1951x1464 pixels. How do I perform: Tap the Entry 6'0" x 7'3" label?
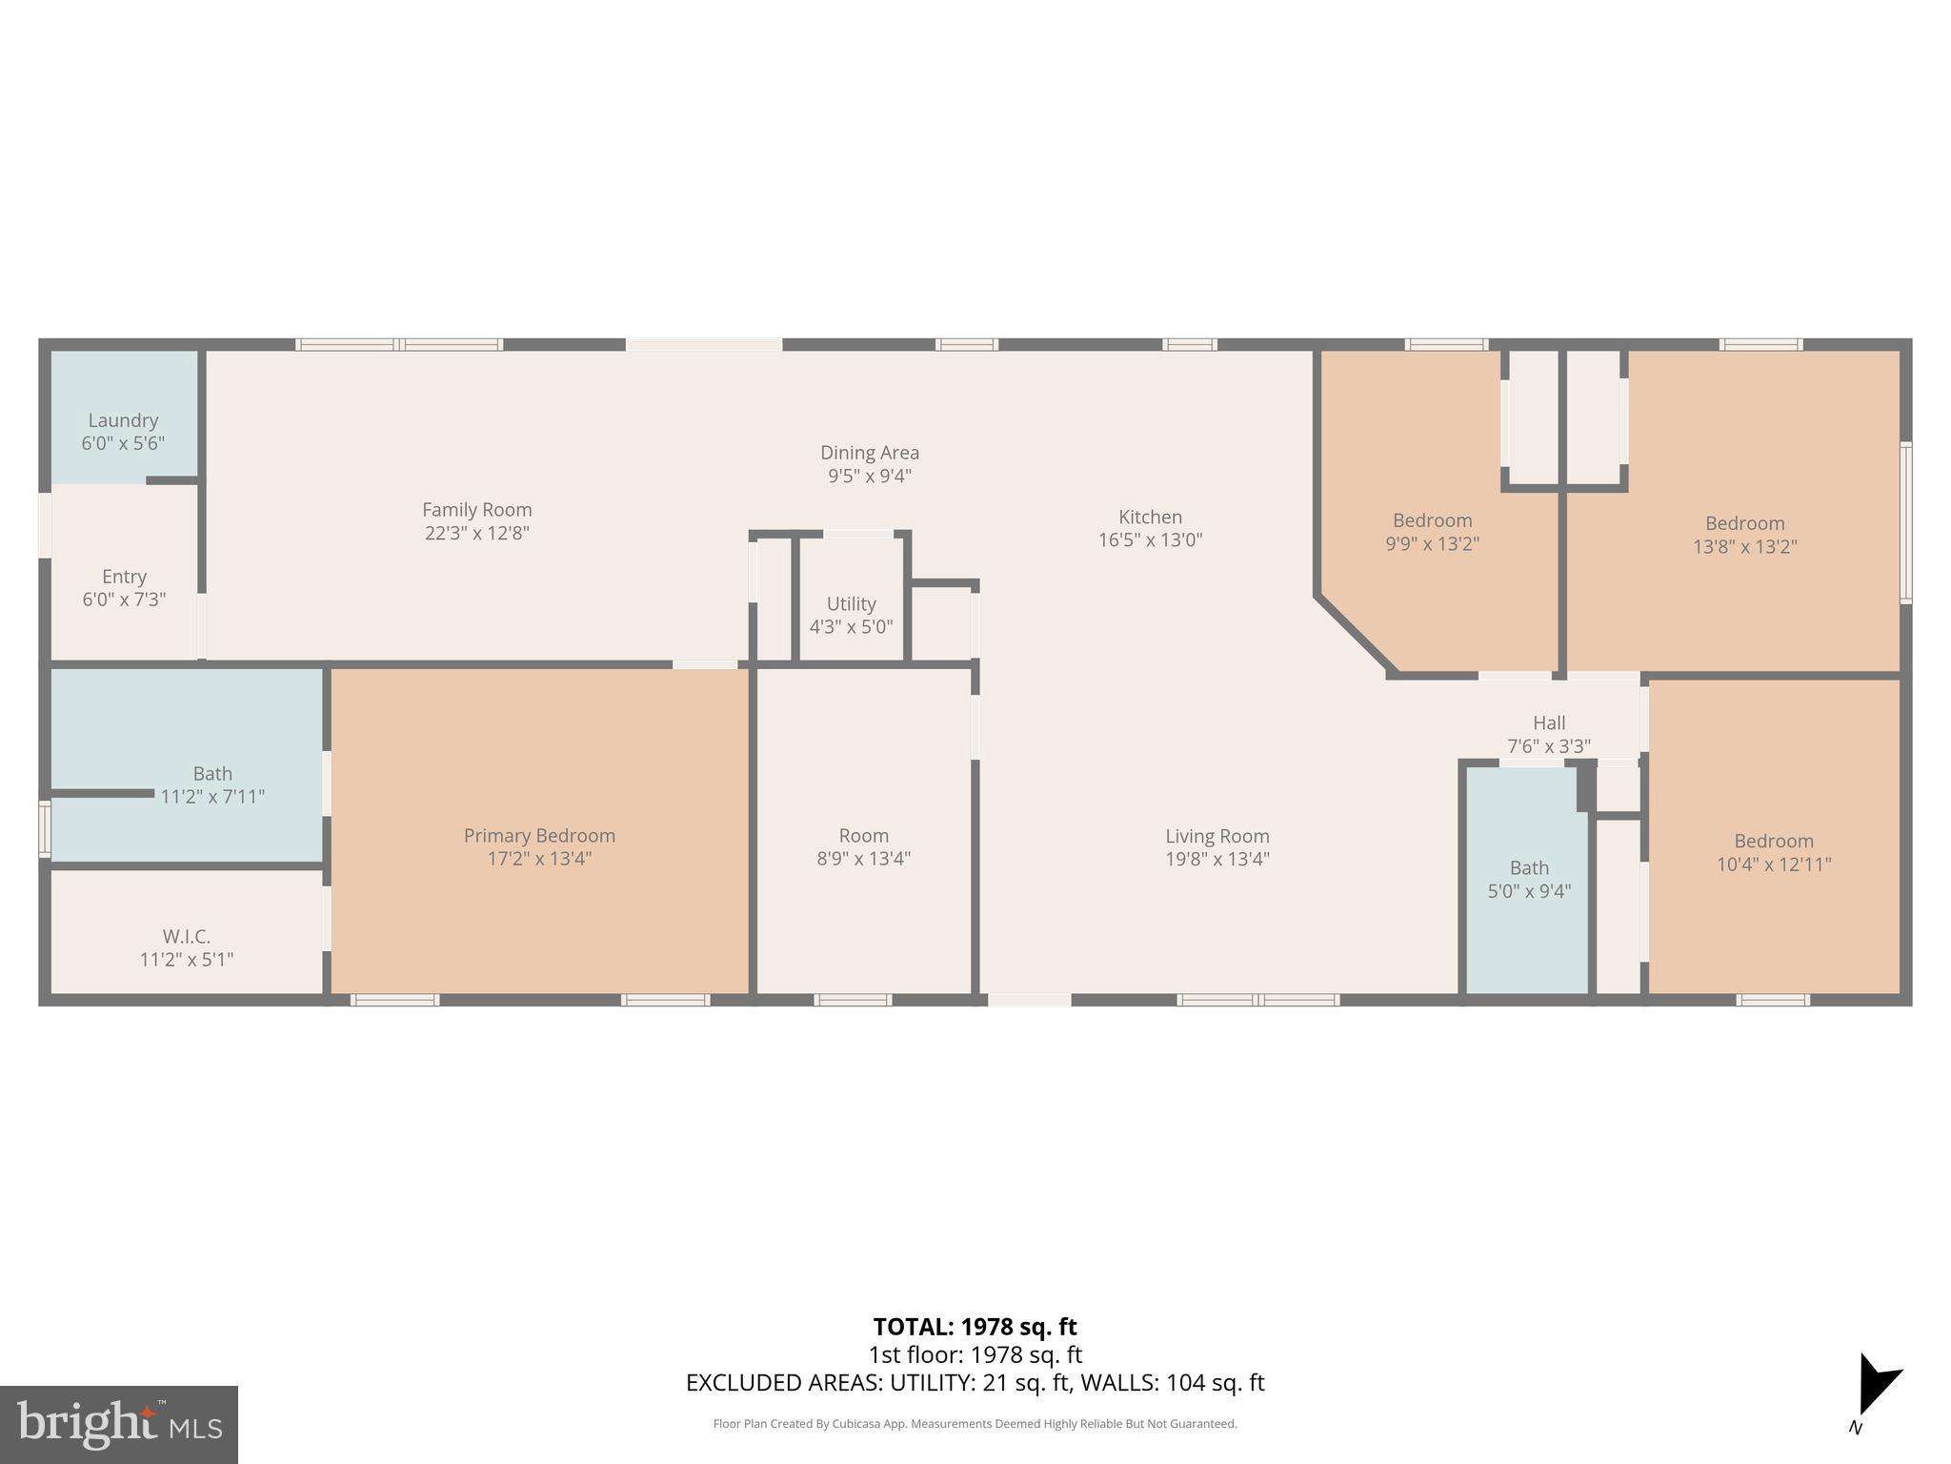tap(124, 587)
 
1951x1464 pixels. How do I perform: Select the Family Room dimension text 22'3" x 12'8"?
tap(476, 533)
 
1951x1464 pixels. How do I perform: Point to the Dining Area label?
tap(869, 453)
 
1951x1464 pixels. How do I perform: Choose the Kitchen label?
tap(1150, 518)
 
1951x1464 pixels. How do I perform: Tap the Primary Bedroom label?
tap(539, 836)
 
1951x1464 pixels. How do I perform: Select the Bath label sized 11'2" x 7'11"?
tap(211, 784)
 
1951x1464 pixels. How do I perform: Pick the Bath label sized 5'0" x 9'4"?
tap(1528, 879)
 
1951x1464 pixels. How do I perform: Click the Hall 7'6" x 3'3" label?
tap(1548, 734)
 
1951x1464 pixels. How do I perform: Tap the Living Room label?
tap(1217, 837)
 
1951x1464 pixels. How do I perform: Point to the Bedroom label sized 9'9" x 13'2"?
tap(1432, 520)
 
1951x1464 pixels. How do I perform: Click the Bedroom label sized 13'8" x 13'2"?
tap(1744, 523)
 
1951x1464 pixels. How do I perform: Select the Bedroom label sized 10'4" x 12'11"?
tap(1773, 842)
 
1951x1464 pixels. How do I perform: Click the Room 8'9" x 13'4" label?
tap(863, 846)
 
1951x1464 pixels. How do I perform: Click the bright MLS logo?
tap(118, 1424)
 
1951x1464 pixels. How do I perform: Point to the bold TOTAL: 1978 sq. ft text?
tap(974, 1327)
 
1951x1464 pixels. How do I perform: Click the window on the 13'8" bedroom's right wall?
tap(1905, 521)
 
